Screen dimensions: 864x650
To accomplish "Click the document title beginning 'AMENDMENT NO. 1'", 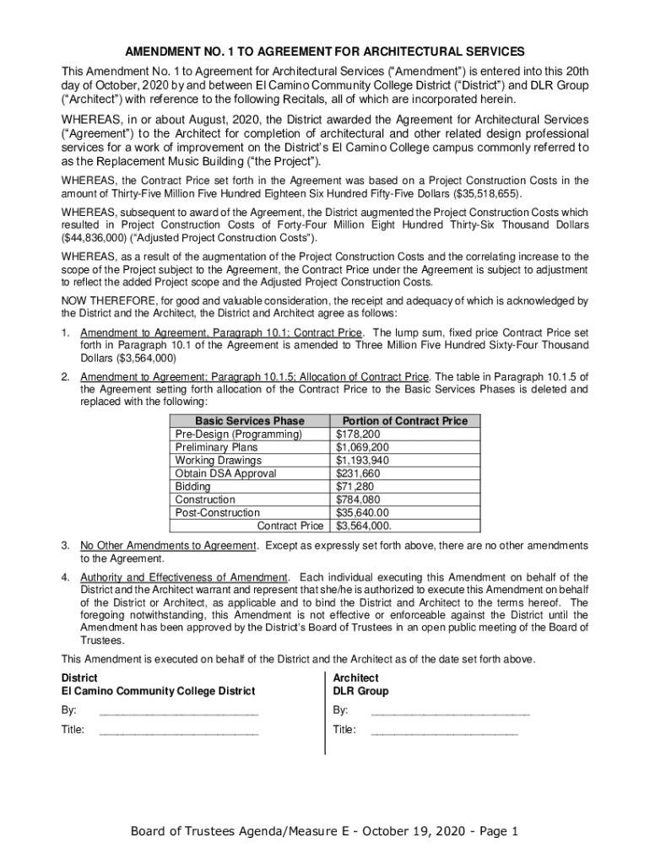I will coord(325,51).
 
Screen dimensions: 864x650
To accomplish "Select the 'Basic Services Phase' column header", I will coord(249,421).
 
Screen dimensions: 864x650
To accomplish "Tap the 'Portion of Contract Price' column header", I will coord(404,421).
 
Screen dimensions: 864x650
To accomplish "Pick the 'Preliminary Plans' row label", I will coord(216,447).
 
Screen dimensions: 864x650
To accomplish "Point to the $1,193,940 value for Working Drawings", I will coord(362,461).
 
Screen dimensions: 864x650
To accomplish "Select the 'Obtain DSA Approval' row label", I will coord(225,473).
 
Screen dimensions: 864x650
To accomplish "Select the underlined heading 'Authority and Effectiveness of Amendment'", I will coord(185,577).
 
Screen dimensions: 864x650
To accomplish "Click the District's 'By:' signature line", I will coord(178,710).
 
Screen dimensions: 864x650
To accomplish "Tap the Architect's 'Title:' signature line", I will coord(444,730).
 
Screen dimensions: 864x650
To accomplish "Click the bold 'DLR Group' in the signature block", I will coord(360,691).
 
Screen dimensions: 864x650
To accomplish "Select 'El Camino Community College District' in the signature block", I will coord(158,691).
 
